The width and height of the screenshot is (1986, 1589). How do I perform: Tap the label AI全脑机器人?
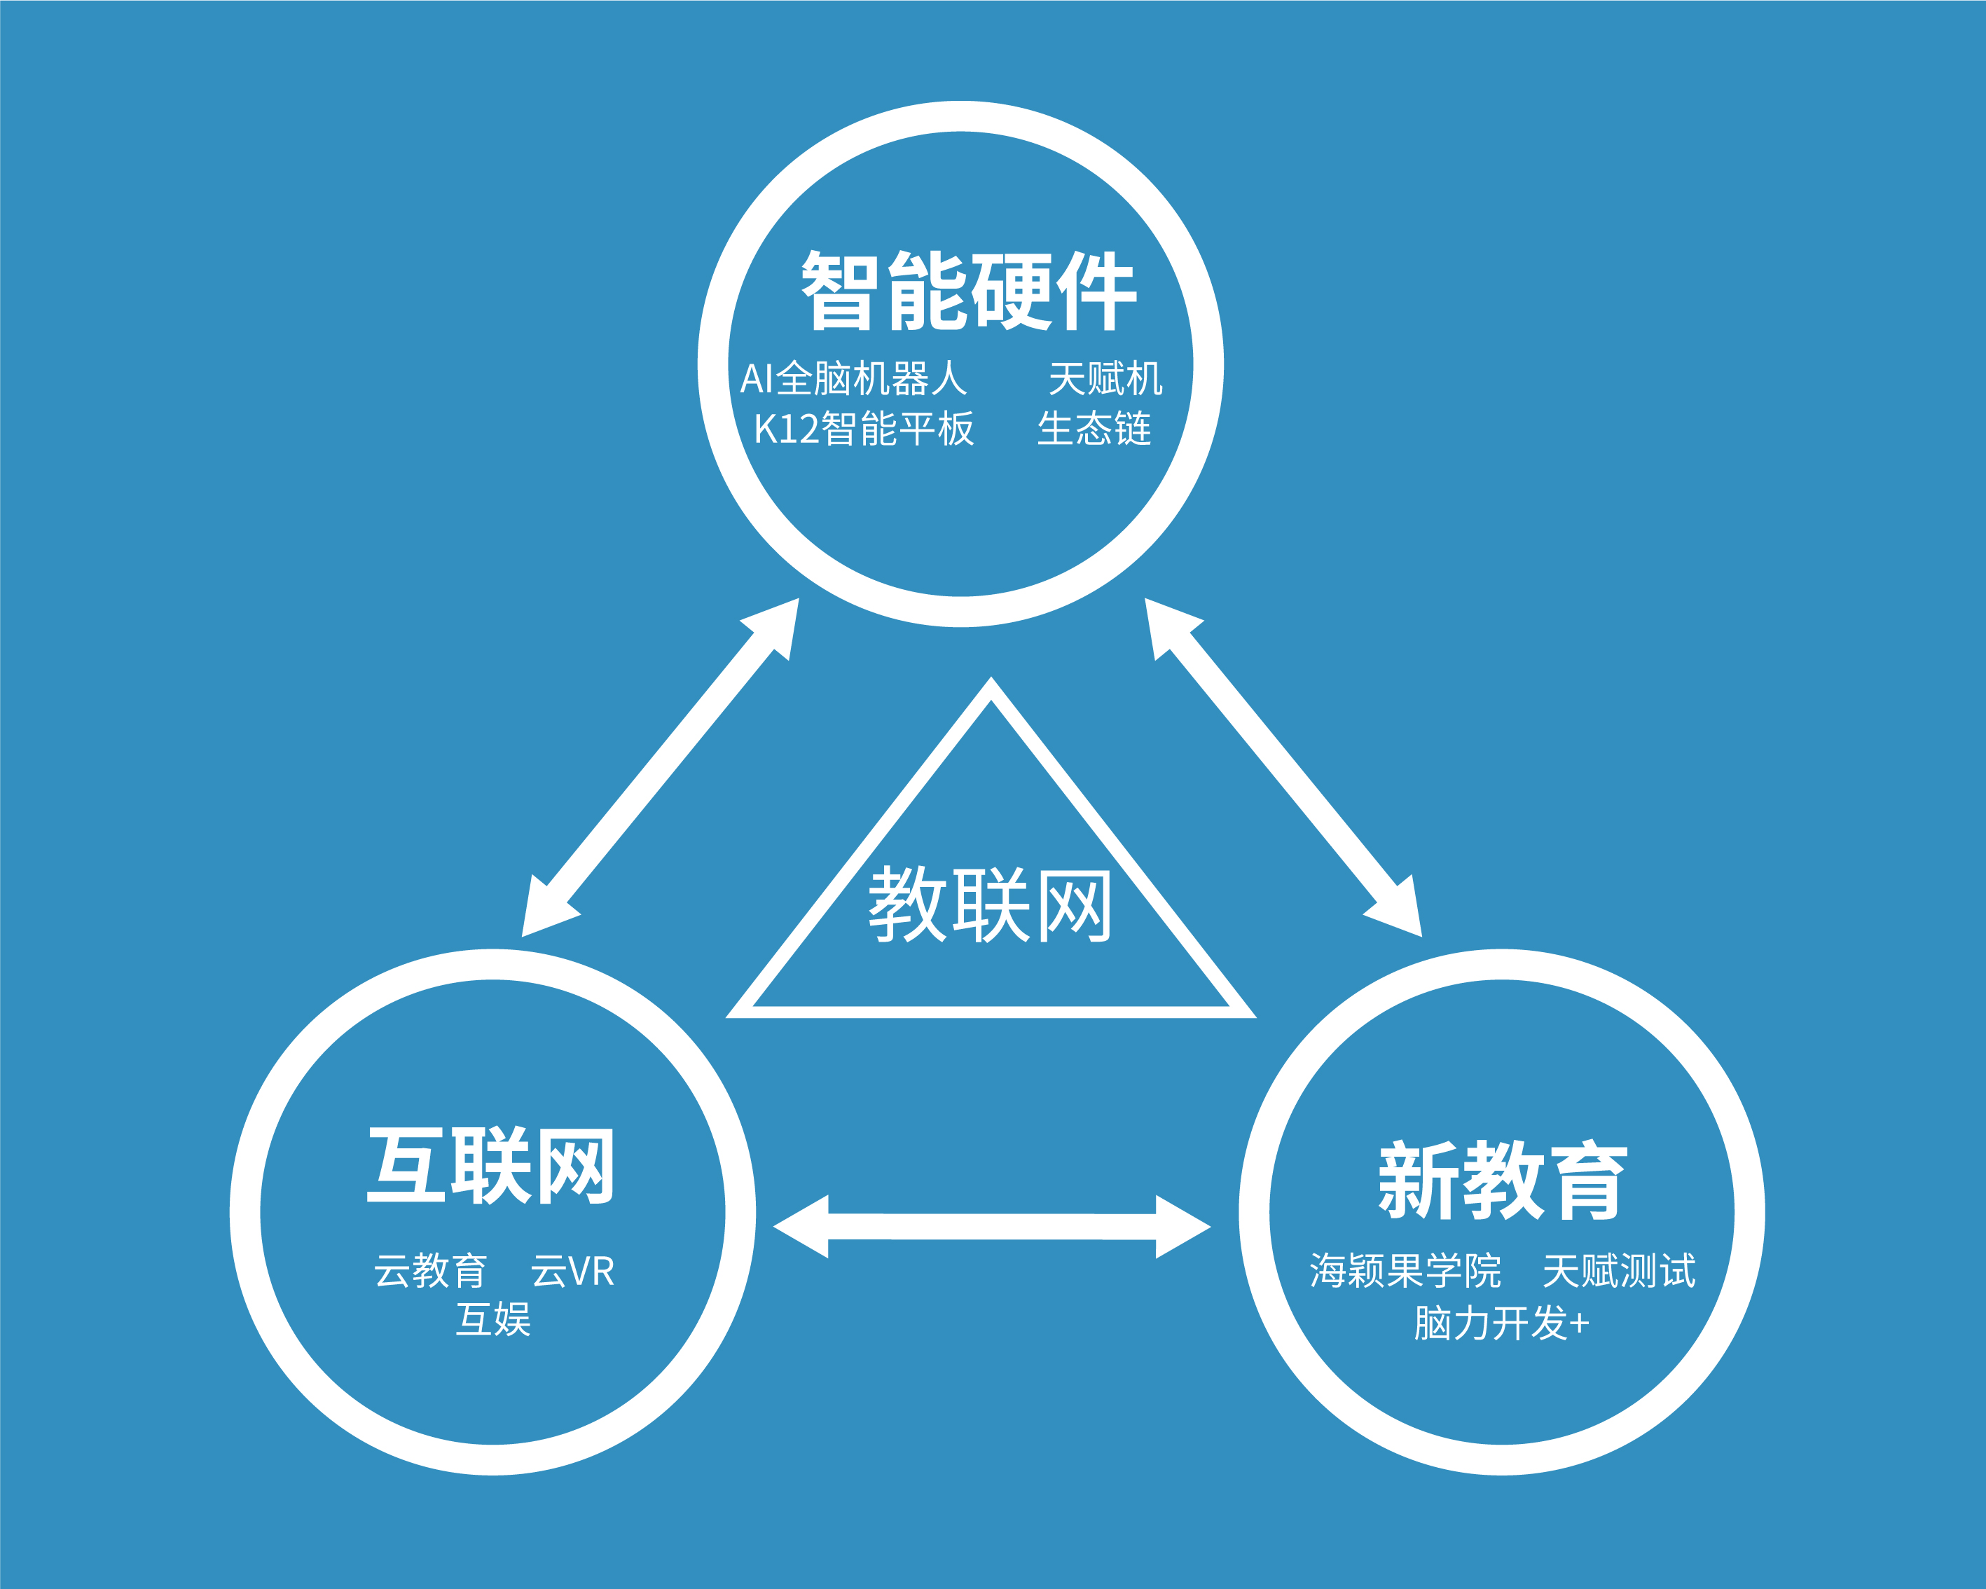(x=853, y=378)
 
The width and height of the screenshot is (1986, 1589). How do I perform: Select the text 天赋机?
(x=1105, y=378)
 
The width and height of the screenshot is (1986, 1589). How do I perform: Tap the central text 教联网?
(x=991, y=904)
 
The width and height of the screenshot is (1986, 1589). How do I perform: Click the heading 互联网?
(x=491, y=1165)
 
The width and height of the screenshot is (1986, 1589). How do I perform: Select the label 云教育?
(x=430, y=1271)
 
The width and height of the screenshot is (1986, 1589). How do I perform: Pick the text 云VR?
(x=572, y=1271)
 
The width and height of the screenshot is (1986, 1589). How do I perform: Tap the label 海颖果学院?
(x=1405, y=1271)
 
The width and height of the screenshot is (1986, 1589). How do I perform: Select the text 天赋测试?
(x=1618, y=1271)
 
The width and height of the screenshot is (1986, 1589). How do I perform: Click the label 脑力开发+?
(x=1501, y=1323)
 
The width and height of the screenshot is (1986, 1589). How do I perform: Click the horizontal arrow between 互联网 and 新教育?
(x=992, y=1226)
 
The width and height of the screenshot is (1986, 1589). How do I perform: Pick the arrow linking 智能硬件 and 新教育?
(x=1283, y=767)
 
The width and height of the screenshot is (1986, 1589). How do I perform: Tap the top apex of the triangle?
(x=991, y=684)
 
